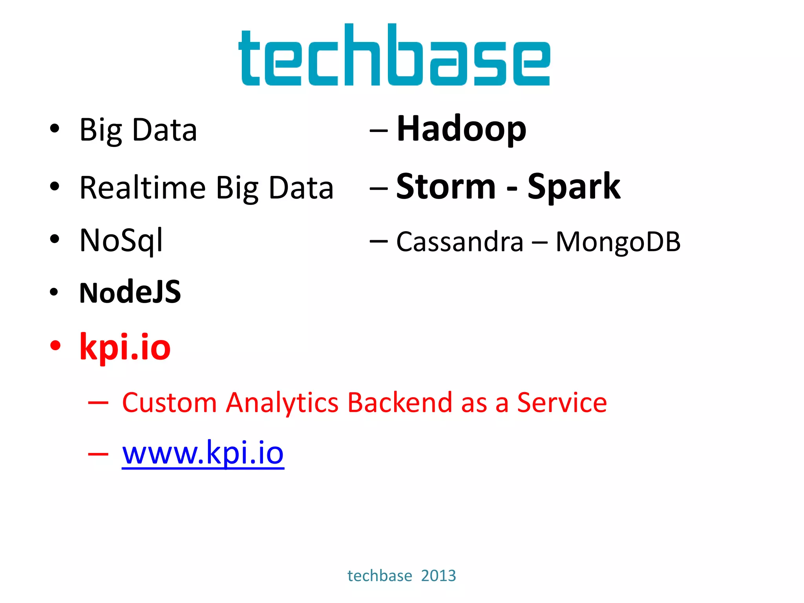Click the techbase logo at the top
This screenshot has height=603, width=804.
click(x=394, y=55)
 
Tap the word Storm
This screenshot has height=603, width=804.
click(x=446, y=187)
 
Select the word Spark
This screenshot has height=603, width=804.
click(x=574, y=187)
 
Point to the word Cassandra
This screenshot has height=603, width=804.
click(x=460, y=241)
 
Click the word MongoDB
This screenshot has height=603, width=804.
click(x=618, y=241)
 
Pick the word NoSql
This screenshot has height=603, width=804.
click(x=121, y=240)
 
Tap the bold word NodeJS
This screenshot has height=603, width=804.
click(x=130, y=292)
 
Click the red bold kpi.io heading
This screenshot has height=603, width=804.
click(x=125, y=347)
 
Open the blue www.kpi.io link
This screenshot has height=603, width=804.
click(x=203, y=453)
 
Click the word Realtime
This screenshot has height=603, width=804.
click(x=143, y=188)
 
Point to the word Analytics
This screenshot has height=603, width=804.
click(x=282, y=403)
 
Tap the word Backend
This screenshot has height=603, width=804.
click(x=400, y=403)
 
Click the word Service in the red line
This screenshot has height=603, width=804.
click(x=562, y=403)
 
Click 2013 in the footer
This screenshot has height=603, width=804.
click(x=439, y=576)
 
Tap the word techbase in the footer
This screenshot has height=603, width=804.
click(x=380, y=576)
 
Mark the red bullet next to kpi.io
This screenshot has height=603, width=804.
click(x=55, y=345)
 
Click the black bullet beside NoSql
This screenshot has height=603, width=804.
click(x=55, y=239)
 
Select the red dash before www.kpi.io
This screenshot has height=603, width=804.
click(x=98, y=454)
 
